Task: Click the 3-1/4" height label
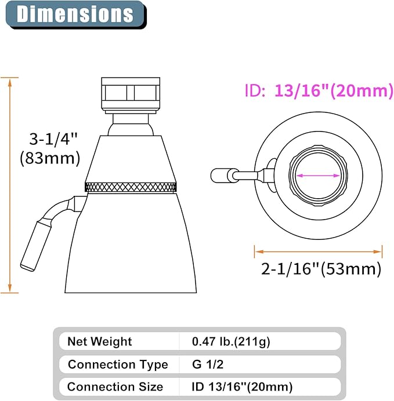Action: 54,140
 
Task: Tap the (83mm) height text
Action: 50,158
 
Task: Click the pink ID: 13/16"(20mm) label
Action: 317,92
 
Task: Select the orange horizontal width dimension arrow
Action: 318,251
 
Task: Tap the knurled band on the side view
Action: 131,187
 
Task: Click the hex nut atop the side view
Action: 131,92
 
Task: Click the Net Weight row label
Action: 100,341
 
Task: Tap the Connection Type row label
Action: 118,364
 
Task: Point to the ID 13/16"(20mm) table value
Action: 243,387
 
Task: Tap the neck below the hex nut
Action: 131,123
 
